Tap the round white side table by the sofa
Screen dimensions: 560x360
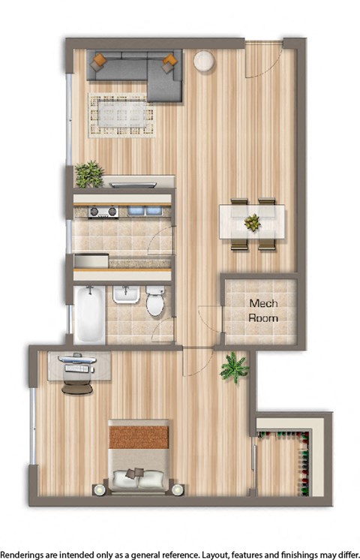coord(203,62)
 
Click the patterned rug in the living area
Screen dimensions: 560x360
coord(122,115)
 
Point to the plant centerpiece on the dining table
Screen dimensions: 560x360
coord(253,222)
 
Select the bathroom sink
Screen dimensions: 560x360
coord(125,297)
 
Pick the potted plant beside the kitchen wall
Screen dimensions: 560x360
coord(89,174)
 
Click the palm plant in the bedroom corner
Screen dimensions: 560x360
coord(234,367)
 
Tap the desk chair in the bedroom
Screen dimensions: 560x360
coord(77,386)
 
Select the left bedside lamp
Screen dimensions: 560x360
coord(98,489)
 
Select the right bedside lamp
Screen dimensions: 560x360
coord(177,489)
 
